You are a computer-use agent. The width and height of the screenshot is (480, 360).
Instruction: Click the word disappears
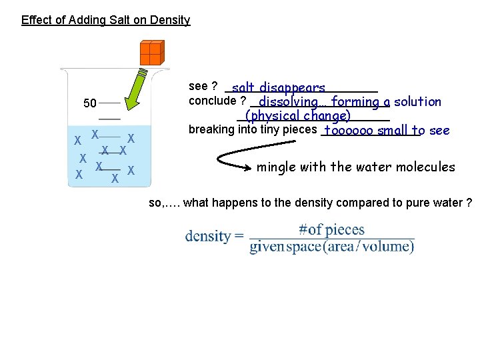293,87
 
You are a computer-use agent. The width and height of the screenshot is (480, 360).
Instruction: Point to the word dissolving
291,102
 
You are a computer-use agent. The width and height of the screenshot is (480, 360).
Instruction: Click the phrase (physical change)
298,116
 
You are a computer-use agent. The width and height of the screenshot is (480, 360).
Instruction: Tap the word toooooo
349,131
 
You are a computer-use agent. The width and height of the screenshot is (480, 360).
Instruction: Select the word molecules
426,167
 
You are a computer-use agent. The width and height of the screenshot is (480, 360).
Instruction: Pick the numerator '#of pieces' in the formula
331,230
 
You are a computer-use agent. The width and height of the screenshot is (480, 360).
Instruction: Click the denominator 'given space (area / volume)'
331,247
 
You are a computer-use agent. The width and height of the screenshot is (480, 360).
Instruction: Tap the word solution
417,102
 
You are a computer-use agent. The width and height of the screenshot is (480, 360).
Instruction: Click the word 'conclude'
213,101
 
